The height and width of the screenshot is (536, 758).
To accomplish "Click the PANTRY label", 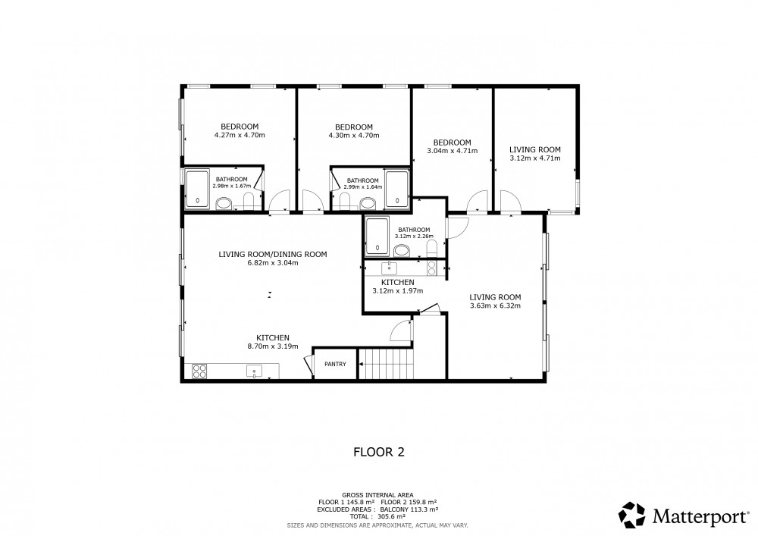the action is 335,364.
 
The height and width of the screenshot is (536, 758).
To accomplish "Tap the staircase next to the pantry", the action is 387,363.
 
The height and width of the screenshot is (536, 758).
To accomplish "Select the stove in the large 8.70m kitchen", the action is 199,371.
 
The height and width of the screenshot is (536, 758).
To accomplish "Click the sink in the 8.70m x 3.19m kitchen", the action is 254,371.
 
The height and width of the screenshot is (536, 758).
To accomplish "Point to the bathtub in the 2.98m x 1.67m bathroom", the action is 197,189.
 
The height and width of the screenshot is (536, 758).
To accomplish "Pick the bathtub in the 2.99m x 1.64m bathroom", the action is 397,189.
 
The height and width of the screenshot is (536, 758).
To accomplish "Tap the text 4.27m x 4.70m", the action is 240,136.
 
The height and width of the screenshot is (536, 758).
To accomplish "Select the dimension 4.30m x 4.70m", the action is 354,136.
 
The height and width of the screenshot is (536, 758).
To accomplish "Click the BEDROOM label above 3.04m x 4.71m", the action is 452,143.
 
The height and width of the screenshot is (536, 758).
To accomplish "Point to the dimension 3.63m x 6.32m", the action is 495,306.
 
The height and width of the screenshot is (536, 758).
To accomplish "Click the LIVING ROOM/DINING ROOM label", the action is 273,254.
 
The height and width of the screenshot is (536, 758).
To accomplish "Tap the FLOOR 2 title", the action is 379,452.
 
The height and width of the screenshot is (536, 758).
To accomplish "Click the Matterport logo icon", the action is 632,516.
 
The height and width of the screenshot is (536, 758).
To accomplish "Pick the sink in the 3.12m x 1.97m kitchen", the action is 389,268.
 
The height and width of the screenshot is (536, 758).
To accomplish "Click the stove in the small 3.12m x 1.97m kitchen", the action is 432,268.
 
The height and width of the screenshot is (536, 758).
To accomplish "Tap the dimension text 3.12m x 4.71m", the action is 535,158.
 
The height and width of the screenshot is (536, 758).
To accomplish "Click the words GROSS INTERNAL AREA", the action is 377,495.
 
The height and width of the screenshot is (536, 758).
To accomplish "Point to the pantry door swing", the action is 308,364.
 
